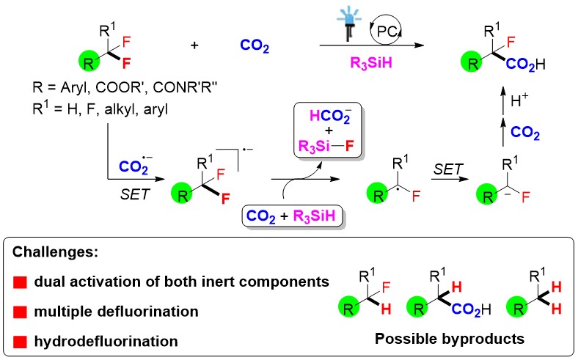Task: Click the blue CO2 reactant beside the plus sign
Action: point(256,48)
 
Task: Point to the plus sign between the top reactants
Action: point(195,46)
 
